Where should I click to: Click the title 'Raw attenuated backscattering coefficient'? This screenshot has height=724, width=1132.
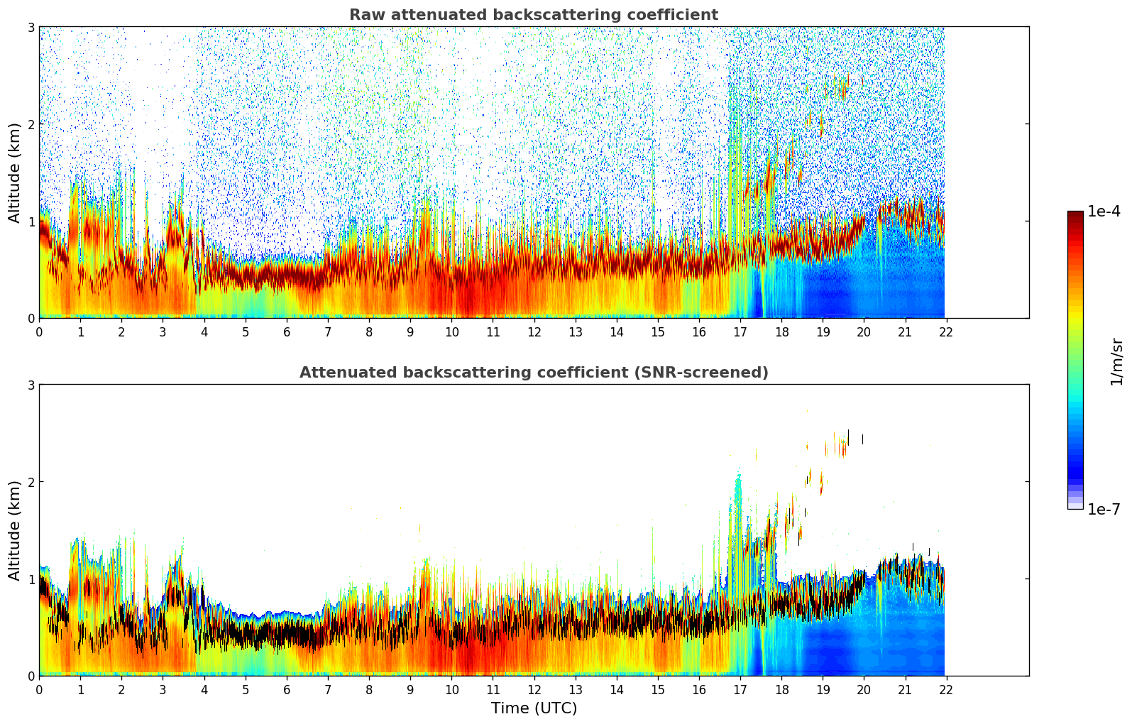click(x=533, y=15)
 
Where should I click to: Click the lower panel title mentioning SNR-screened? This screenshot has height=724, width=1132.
click(x=533, y=373)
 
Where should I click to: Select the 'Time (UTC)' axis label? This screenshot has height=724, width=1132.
click(x=534, y=708)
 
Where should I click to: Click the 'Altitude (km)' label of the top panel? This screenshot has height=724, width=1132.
click(x=14, y=172)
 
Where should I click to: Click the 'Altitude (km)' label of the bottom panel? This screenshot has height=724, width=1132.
click(x=14, y=530)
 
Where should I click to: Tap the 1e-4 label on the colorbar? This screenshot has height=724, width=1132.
click(x=1104, y=212)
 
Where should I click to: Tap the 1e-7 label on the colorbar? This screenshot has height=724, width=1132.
click(x=1104, y=509)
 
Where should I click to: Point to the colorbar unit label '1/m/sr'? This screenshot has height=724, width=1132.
click(x=1116, y=362)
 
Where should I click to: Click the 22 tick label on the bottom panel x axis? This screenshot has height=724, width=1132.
click(x=945, y=690)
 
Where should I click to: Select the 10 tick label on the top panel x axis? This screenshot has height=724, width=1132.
click(x=451, y=332)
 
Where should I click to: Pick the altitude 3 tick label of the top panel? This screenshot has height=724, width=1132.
click(x=31, y=27)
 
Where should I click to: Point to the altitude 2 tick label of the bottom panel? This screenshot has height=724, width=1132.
click(x=31, y=482)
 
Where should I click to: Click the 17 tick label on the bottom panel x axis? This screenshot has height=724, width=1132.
click(x=740, y=690)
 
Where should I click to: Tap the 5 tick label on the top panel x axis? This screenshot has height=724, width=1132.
click(x=246, y=332)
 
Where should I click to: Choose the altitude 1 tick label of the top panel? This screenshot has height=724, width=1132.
click(x=31, y=221)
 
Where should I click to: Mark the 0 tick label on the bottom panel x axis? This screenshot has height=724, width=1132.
click(x=39, y=690)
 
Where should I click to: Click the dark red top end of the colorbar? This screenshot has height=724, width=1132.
click(x=1075, y=214)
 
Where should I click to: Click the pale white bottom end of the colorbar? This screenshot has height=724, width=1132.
click(x=1075, y=506)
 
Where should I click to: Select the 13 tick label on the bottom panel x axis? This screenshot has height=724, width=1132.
click(x=575, y=690)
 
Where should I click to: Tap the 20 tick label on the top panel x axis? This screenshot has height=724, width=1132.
click(x=864, y=332)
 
